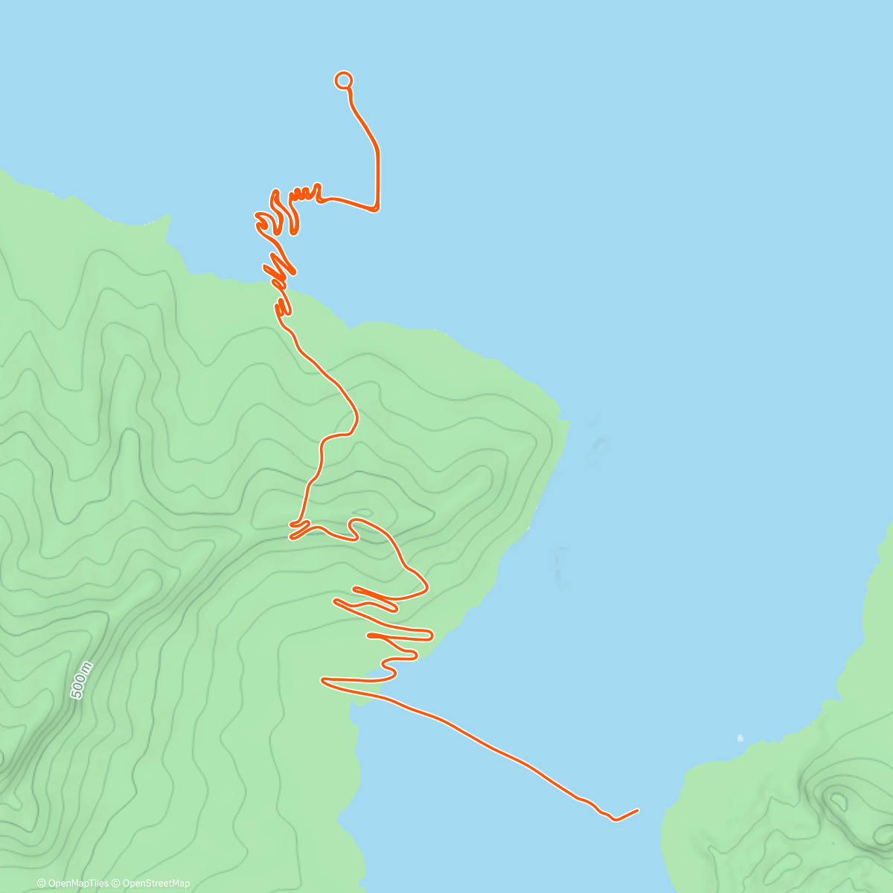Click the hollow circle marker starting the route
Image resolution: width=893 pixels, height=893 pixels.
(x=343, y=80)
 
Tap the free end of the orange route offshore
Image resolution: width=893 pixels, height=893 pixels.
(x=638, y=810)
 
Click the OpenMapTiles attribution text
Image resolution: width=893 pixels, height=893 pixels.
(x=73, y=883)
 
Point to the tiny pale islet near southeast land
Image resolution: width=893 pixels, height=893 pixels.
(x=740, y=738)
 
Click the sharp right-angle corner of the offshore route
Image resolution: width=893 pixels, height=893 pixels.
(x=377, y=209)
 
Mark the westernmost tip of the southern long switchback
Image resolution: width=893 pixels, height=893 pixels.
(x=324, y=679)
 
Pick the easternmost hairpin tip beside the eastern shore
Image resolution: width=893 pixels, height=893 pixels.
(x=431, y=634)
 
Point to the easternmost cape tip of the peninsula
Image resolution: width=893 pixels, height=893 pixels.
(x=568, y=424)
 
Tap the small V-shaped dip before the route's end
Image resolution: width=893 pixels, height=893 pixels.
(x=615, y=819)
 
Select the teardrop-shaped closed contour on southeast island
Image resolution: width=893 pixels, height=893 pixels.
(x=838, y=801)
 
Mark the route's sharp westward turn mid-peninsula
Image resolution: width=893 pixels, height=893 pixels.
(x=351, y=430)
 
